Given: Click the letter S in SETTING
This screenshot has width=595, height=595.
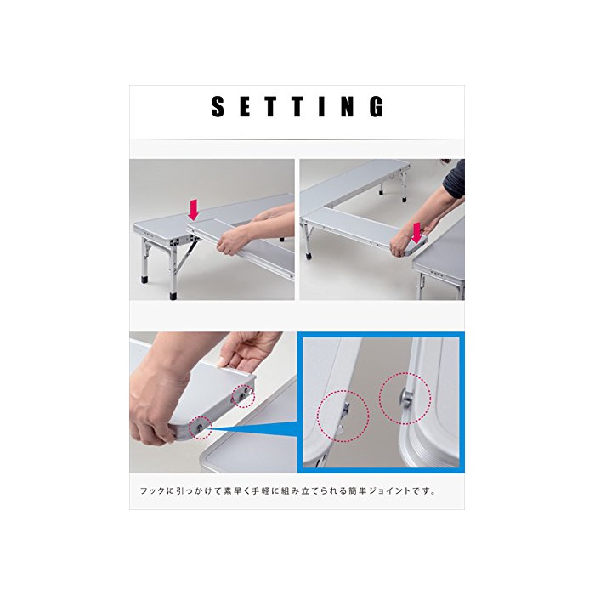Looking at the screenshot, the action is (x=218, y=106).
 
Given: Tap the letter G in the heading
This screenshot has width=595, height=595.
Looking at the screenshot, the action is (x=377, y=106).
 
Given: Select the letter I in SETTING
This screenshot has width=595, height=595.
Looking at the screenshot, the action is (x=322, y=106).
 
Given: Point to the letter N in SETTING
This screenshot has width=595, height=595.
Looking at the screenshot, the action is (x=348, y=106).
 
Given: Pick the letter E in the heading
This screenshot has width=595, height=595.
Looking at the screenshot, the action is (x=245, y=106).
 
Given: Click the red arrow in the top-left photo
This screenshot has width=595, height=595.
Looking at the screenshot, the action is (x=194, y=210).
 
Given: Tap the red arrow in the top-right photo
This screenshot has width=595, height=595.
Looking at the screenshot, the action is (x=416, y=233).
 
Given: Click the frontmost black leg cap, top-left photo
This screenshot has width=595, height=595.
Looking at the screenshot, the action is (x=173, y=296).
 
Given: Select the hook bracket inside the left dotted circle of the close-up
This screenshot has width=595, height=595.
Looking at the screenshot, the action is (x=343, y=417).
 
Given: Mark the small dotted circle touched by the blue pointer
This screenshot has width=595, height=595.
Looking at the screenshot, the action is (x=201, y=428).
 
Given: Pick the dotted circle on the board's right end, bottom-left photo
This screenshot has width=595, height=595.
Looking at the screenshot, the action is (x=244, y=396).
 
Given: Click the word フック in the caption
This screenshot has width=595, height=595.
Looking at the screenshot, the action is (x=152, y=491).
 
